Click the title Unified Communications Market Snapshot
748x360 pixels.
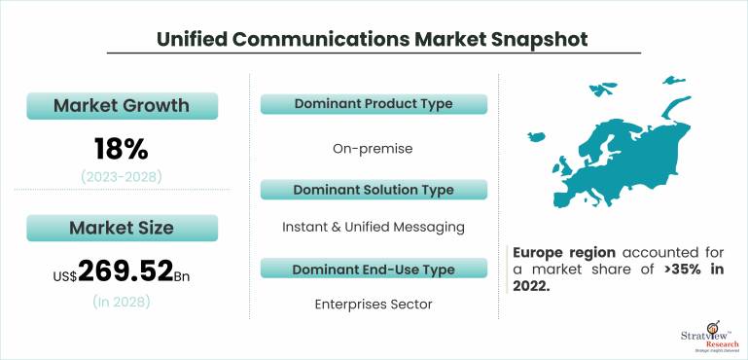coord(373,38)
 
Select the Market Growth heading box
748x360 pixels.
coord(122,105)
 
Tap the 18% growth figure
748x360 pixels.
coord(122,149)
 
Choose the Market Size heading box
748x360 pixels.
coord(122,229)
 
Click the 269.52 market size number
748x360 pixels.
coord(125,270)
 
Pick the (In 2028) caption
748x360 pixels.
coord(122,302)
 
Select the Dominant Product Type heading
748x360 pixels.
coord(374,104)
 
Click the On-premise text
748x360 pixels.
coord(374,149)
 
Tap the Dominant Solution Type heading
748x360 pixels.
coord(374,189)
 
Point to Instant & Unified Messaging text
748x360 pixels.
coord(374,227)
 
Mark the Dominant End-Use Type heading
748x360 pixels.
coord(374,268)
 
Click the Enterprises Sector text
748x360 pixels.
coord(374,305)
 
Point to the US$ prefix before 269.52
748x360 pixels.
coord(64,276)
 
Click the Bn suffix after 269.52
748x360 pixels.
coord(183,276)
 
